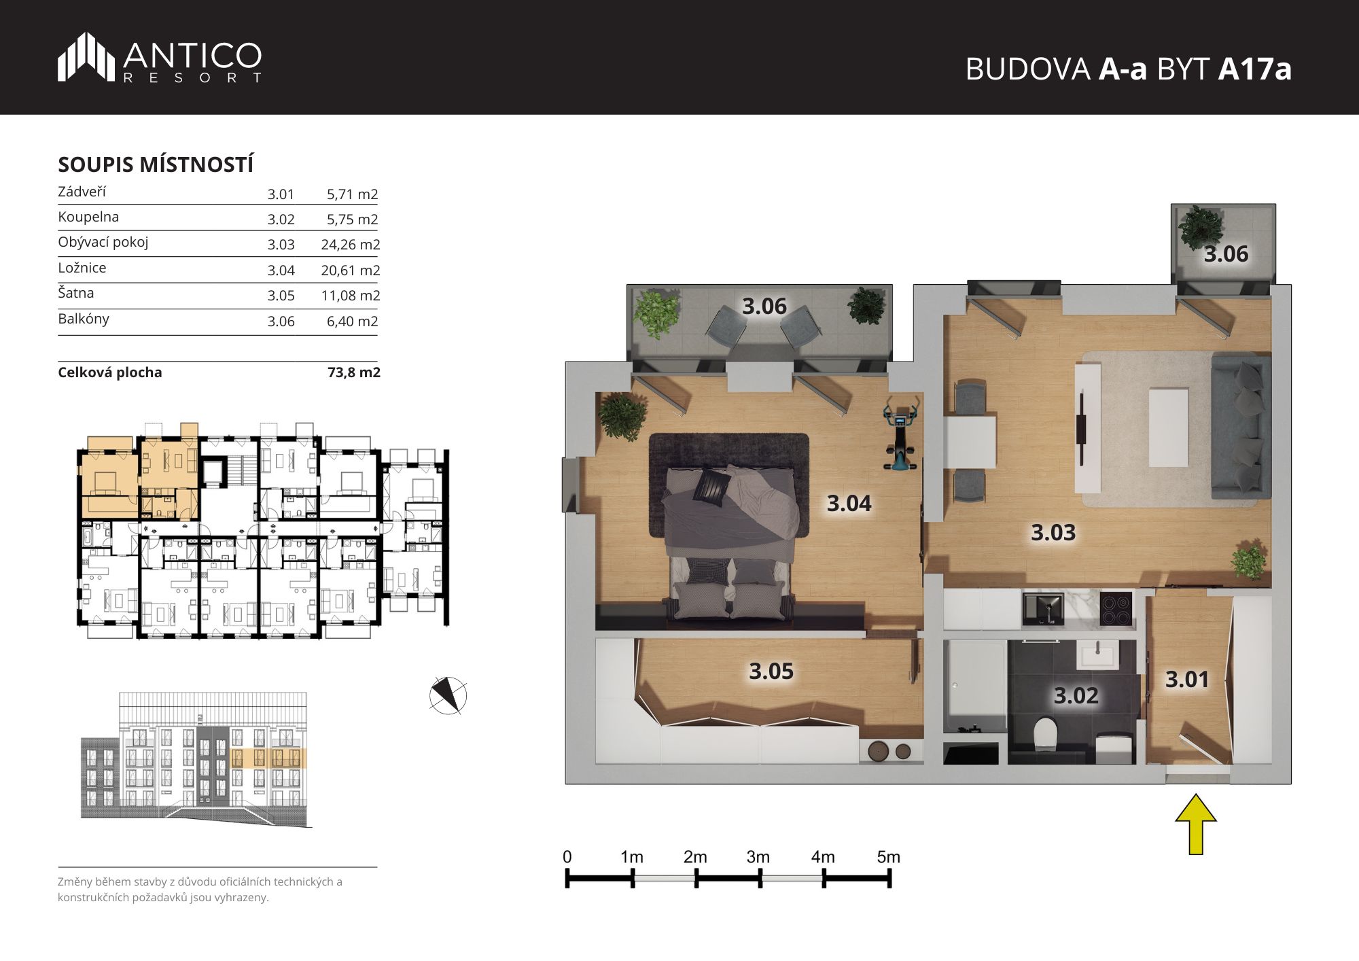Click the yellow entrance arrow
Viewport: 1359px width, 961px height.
pos(1196,824)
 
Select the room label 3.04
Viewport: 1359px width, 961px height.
pos(849,504)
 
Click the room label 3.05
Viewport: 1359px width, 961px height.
pos(771,671)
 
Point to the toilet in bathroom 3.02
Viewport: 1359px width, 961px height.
pos(1045,734)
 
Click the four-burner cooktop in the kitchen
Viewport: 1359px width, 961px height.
pos(1116,609)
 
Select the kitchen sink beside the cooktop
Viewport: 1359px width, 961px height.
pos(1043,608)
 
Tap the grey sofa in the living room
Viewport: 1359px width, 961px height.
pos(1240,429)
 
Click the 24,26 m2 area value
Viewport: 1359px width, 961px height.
pos(351,245)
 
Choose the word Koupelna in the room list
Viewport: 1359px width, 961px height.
pos(88,217)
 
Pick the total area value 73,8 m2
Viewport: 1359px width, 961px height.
pos(354,372)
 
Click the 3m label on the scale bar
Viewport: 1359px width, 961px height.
pos(758,857)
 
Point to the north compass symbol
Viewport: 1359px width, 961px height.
pos(448,695)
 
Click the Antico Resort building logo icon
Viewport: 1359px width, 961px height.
pos(86,56)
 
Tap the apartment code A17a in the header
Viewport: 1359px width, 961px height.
pos(1254,69)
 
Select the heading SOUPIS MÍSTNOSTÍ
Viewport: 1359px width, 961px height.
pos(156,164)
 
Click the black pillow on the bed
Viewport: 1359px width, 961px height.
pos(711,487)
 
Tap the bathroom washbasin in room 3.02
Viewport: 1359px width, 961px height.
pos(1097,656)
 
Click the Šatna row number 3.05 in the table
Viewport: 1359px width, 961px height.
pos(281,296)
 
